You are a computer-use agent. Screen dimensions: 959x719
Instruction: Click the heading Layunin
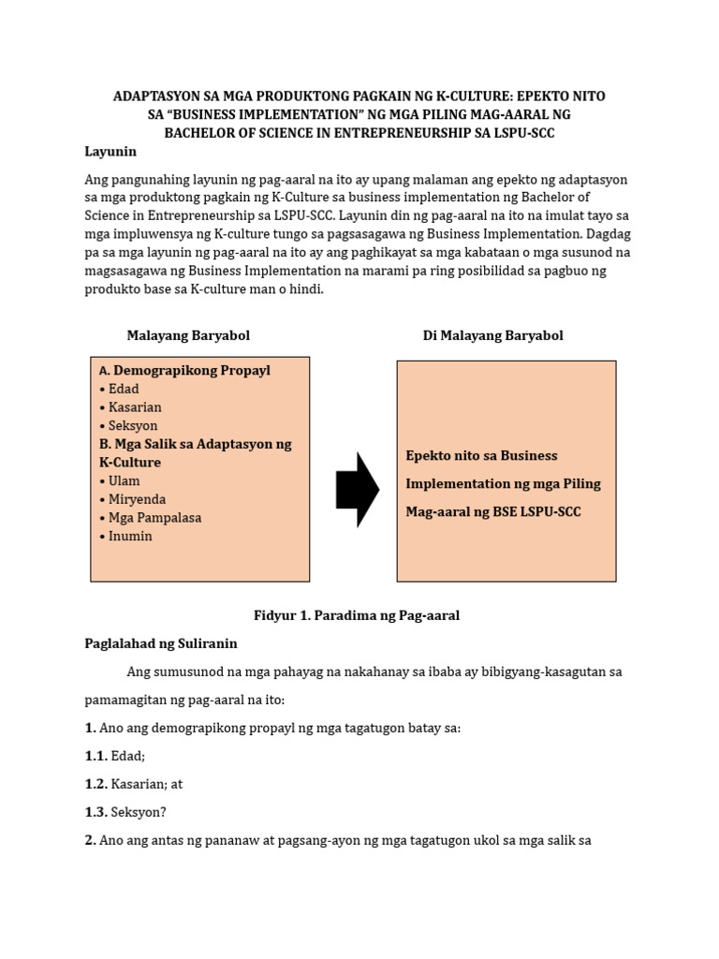pos(110,151)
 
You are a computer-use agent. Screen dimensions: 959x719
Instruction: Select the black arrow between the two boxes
pos(357,490)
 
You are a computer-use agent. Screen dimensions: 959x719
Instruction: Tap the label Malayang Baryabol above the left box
pos(188,335)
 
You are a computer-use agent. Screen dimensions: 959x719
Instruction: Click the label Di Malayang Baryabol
pos(492,335)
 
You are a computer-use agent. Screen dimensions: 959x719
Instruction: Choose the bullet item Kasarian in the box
pos(134,407)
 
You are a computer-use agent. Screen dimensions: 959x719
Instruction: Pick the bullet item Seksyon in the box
pos(132,425)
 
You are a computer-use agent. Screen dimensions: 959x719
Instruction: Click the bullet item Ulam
pos(124,480)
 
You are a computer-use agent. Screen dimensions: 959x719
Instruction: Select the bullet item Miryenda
pos(137,499)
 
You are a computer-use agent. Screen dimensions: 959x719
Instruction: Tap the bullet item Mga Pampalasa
pos(154,517)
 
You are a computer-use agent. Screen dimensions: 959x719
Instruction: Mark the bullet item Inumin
pos(129,536)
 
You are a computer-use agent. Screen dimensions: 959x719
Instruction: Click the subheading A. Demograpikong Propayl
pos(184,370)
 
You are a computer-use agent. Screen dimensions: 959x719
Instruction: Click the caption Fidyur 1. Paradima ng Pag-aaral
pos(357,615)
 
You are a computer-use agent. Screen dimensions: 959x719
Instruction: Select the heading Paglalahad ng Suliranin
pos(161,643)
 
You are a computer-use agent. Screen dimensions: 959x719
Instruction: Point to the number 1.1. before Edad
pos(95,756)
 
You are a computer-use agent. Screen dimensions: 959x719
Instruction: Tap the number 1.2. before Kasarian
pos(95,784)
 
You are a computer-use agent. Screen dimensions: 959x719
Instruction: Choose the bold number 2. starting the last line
pos(91,840)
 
